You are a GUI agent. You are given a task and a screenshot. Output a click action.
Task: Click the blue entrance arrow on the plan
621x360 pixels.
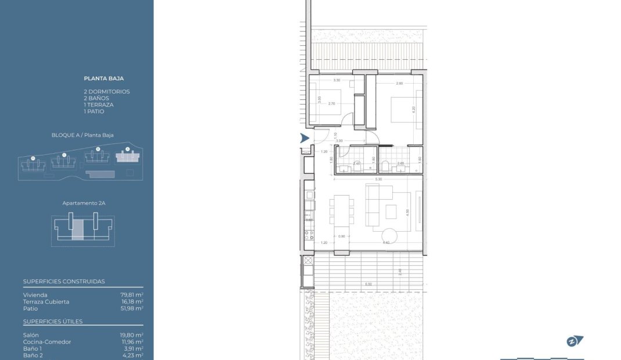[x=304, y=138]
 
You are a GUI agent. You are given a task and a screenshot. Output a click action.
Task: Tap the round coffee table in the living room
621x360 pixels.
[x=388, y=235]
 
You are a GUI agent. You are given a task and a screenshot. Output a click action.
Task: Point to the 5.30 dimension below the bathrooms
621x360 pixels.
[x=378, y=179]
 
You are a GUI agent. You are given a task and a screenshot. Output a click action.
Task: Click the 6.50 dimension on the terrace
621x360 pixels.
[x=368, y=284]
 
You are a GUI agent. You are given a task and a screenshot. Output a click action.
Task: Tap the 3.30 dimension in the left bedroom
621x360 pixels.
[x=336, y=81]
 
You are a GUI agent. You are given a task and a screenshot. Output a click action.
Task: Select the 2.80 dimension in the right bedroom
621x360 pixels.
[x=399, y=84]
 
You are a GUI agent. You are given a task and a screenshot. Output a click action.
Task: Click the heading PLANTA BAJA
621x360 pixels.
[x=104, y=78]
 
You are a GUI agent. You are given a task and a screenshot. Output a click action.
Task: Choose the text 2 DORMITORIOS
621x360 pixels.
[x=107, y=92]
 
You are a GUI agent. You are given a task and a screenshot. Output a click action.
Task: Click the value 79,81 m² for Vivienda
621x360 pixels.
[x=132, y=295]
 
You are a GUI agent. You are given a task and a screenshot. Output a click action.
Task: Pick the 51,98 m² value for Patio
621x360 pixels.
[x=132, y=308]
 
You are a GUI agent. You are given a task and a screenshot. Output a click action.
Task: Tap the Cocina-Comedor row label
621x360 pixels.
[x=47, y=342]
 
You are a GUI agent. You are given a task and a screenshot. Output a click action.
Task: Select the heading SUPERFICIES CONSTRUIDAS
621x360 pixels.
[x=64, y=282]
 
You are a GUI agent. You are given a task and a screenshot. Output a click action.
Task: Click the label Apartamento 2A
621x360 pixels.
[x=84, y=204]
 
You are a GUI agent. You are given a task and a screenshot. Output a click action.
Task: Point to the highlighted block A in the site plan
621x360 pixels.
[x=128, y=157]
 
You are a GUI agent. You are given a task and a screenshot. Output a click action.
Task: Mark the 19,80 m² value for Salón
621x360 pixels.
[x=132, y=335]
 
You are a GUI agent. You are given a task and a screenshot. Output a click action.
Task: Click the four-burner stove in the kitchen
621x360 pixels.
[x=309, y=235]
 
